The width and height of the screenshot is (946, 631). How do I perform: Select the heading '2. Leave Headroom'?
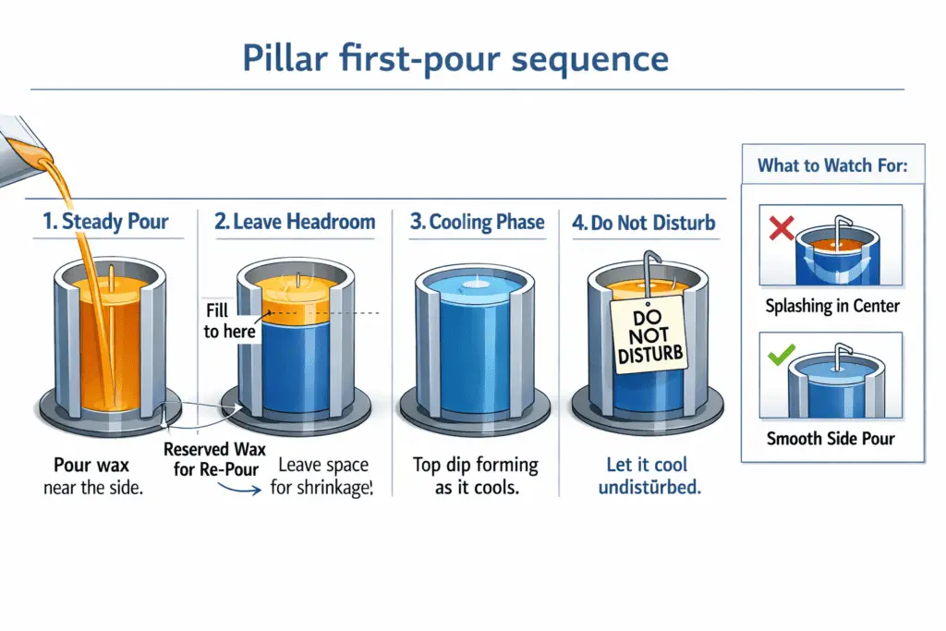coord(295,222)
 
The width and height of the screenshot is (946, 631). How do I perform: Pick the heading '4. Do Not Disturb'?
coord(643,223)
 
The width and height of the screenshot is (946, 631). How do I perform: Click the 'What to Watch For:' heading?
coord(831,166)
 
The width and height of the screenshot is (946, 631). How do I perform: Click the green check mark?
coord(782,355)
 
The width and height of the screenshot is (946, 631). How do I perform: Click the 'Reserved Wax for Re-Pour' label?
coord(214,458)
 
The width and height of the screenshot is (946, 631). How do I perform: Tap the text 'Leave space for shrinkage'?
coord(321,476)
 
